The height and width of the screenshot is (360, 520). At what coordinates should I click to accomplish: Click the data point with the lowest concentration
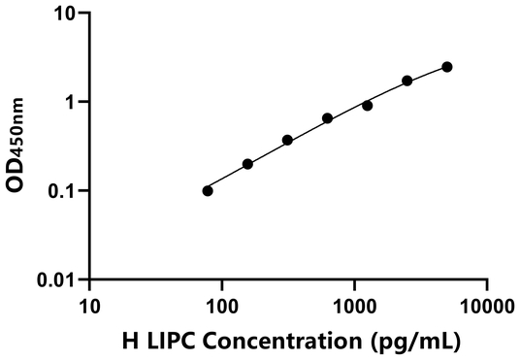tap(208, 190)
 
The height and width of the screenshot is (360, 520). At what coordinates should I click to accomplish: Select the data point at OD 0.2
tap(247, 164)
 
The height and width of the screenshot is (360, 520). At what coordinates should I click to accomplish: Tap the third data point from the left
tap(287, 140)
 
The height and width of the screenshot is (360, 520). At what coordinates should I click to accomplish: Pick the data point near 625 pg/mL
tap(327, 118)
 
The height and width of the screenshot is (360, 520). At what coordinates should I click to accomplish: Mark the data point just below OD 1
tap(367, 105)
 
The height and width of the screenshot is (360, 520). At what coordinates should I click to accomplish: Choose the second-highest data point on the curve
tap(406, 81)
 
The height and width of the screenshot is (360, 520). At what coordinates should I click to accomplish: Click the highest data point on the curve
tap(446, 67)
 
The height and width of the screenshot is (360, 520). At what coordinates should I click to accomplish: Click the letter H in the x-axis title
tap(130, 341)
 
